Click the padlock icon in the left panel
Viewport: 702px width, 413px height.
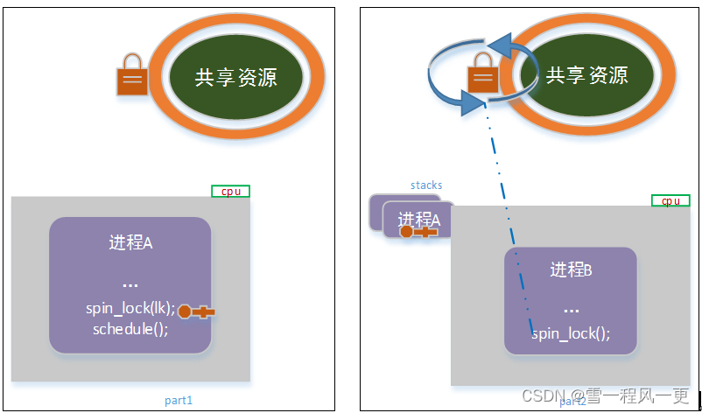(x=132, y=74)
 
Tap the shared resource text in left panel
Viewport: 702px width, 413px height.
(x=236, y=77)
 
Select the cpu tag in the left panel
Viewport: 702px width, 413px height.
(x=230, y=191)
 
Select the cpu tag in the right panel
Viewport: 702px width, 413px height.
(x=670, y=200)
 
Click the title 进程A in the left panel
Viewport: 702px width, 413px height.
(x=130, y=242)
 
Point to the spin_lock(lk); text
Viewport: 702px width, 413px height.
(x=130, y=308)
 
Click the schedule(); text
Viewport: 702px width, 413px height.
(x=130, y=329)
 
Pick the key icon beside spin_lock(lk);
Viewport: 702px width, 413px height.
(x=196, y=311)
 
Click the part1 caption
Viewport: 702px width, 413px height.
(x=178, y=400)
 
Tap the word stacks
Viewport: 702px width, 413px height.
(x=426, y=185)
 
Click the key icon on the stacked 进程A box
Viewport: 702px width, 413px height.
(x=418, y=232)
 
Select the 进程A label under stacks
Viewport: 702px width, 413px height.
(x=419, y=219)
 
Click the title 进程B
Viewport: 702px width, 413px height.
(x=571, y=270)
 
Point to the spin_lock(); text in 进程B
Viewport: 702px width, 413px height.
(x=571, y=333)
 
